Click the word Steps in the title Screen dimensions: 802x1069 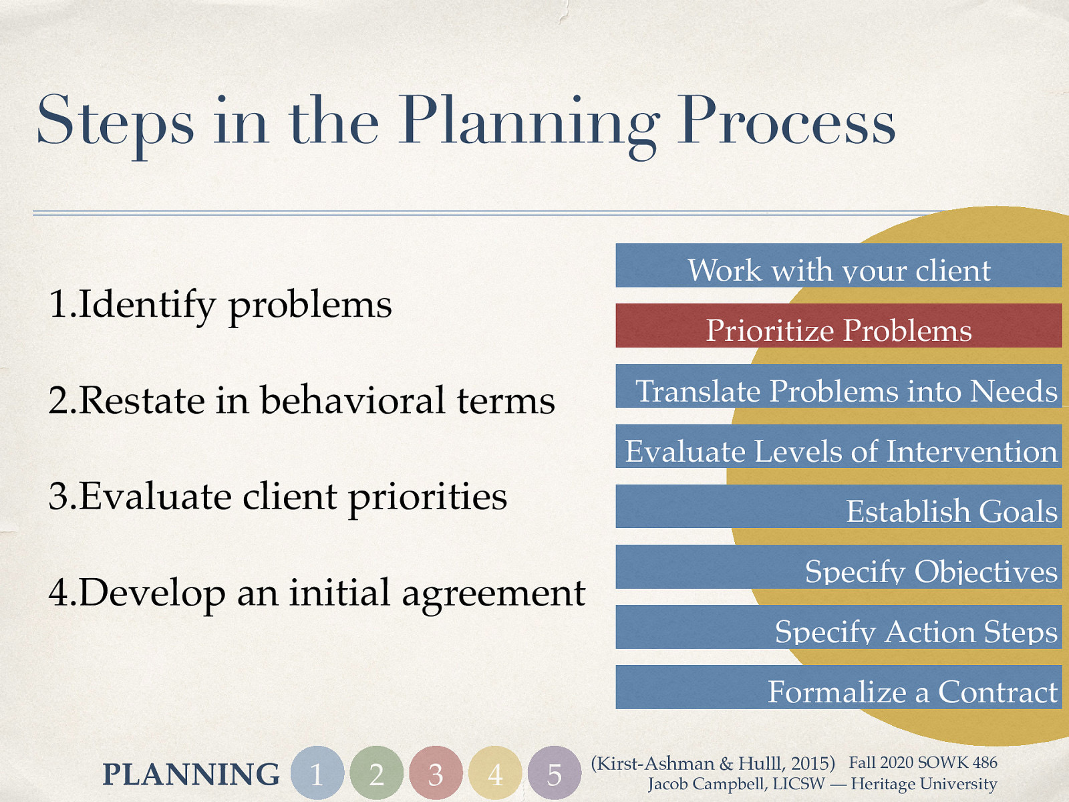coord(115,122)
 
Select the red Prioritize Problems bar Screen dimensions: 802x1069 coord(838,326)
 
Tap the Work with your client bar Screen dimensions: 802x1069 coord(838,266)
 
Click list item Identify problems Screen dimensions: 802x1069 coord(220,305)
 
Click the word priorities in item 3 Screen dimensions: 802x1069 coord(428,497)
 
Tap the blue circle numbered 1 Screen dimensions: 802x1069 coord(317,773)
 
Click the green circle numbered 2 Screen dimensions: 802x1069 coord(377,773)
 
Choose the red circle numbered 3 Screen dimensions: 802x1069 coord(436,773)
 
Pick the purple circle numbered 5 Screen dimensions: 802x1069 coord(554,773)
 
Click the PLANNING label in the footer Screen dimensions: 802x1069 coord(191,775)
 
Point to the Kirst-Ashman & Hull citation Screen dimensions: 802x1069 coord(713,763)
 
